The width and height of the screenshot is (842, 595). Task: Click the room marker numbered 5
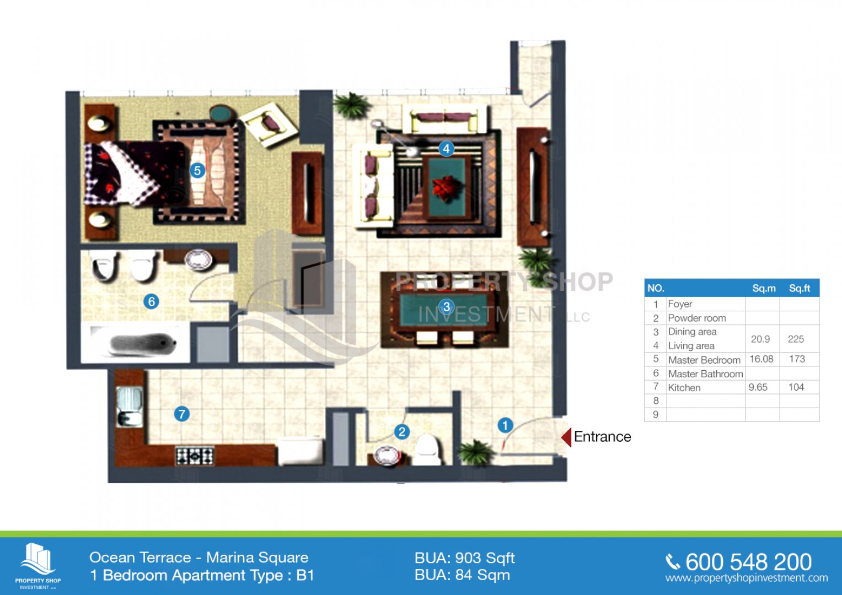point(197,171)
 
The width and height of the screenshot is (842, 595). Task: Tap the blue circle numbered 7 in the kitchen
point(182,414)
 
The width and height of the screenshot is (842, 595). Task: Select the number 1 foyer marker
point(505,425)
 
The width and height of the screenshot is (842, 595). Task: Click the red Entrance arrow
point(566,437)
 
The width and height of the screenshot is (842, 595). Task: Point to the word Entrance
point(603,437)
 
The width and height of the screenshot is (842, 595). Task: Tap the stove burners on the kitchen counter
point(195,456)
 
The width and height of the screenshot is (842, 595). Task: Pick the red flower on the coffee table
point(447,188)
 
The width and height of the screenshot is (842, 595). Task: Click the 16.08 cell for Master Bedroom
point(761,359)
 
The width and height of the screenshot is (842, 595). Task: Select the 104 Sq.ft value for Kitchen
point(796,387)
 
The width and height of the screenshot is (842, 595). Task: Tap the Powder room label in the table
point(697,318)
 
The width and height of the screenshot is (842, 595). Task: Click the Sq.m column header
point(764,289)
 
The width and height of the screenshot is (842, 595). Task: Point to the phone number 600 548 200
point(748,562)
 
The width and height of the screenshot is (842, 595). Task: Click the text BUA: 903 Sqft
point(465,558)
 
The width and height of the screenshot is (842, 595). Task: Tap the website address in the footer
point(747,578)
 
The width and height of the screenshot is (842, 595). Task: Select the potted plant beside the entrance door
point(476,453)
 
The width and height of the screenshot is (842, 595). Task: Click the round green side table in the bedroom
point(222,113)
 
